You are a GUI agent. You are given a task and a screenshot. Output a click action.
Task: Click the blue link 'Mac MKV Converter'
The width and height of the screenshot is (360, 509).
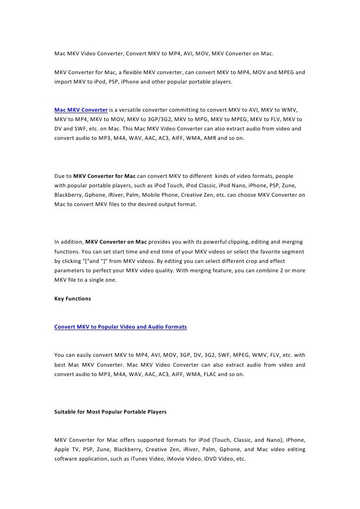80,109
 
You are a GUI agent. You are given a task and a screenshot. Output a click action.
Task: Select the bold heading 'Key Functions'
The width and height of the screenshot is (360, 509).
72,298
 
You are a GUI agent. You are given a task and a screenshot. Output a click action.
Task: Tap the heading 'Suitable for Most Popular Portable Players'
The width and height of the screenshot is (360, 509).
110,411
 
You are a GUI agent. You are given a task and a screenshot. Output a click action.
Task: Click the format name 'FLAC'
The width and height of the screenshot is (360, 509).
207,374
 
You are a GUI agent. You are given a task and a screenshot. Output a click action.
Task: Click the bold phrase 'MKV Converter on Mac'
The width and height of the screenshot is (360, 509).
116,242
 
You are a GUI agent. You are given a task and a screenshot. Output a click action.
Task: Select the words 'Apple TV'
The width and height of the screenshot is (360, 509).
67,449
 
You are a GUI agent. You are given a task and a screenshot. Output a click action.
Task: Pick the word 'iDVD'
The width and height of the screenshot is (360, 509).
204,459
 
